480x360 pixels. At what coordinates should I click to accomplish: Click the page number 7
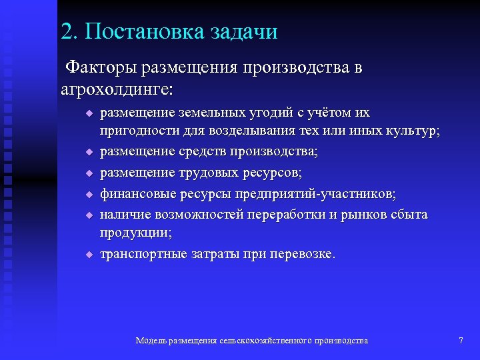[x=461, y=341]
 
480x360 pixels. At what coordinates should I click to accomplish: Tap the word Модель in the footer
[x=151, y=341]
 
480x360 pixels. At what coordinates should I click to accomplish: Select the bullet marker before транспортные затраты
[x=87, y=255]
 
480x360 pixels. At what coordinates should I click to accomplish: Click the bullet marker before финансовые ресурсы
[x=87, y=195]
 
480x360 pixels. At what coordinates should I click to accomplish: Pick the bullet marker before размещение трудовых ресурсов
[x=87, y=174]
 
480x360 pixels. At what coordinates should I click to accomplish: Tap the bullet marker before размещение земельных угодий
[x=87, y=113]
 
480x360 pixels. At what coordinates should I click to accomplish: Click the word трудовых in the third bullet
[x=213, y=173]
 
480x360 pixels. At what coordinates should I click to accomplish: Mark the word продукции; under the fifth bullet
[x=136, y=233]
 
